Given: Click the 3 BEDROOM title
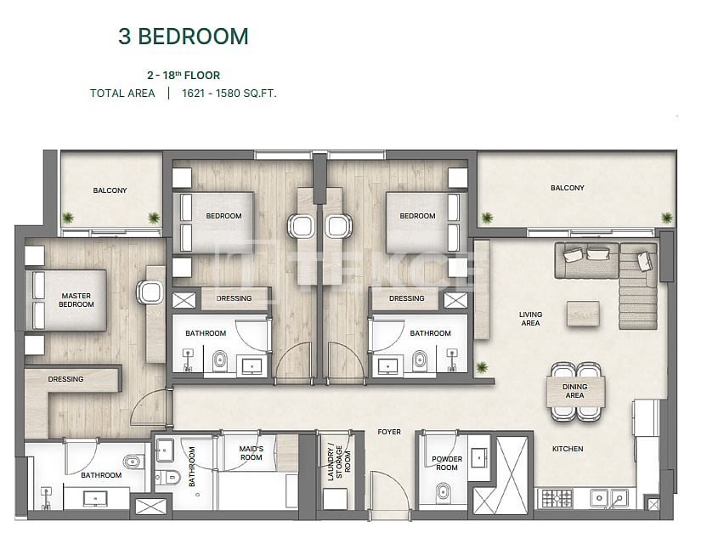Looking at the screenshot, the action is pyautogui.click(x=184, y=37).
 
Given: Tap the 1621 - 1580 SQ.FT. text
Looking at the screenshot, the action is pyautogui.click(x=229, y=93).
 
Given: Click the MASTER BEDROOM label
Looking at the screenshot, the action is pyautogui.click(x=76, y=300).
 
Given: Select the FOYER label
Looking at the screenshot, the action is pyautogui.click(x=389, y=432).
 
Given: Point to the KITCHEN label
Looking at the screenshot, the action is pyautogui.click(x=568, y=449).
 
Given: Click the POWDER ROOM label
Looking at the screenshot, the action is pyautogui.click(x=447, y=463).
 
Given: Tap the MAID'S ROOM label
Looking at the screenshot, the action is pyautogui.click(x=252, y=453).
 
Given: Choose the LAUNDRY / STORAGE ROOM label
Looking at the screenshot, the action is pyautogui.click(x=339, y=462).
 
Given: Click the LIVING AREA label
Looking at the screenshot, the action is pyautogui.click(x=531, y=319).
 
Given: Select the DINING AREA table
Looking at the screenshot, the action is pyautogui.click(x=575, y=392).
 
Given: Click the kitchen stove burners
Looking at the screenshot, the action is pyautogui.click(x=557, y=498).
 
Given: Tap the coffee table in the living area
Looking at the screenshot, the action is pyautogui.click(x=583, y=313).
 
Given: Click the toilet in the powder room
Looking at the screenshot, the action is pyautogui.click(x=443, y=491).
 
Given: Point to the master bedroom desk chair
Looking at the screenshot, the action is pyautogui.click(x=150, y=292).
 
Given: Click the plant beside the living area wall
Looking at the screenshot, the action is pyautogui.click(x=482, y=368).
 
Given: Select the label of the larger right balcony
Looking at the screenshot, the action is pyautogui.click(x=568, y=188).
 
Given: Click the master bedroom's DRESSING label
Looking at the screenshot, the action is pyautogui.click(x=65, y=379).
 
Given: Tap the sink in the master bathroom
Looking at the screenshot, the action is pyautogui.click(x=95, y=498).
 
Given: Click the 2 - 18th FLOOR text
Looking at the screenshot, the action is pyautogui.click(x=184, y=75).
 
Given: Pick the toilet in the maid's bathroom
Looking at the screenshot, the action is pyautogui.click(x=168, y=478).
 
